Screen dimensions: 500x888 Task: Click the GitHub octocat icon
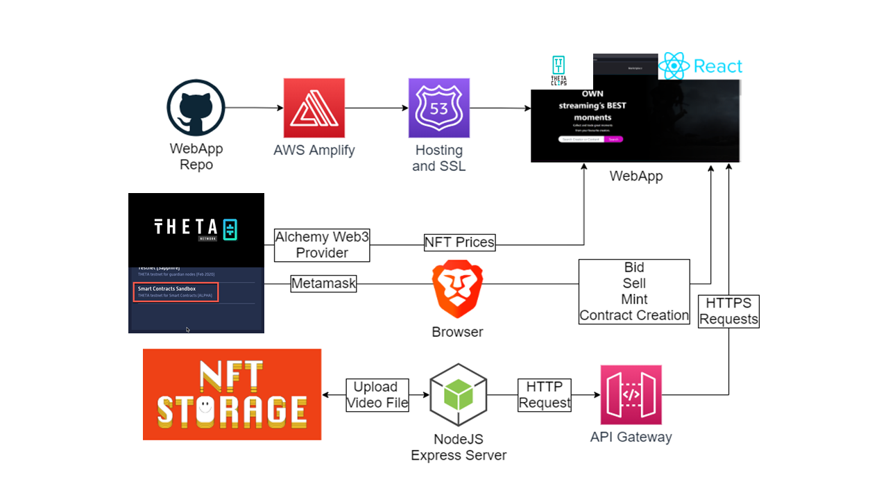point(196,108)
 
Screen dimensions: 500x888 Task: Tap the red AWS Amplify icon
point(314,108)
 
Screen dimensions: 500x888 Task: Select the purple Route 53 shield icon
point(438,108)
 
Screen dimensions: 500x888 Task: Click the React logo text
point(717,67)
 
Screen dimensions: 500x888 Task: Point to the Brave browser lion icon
point(457,289)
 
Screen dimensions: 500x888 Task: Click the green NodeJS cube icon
point(458,394)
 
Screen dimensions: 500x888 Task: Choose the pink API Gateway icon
point(631,394)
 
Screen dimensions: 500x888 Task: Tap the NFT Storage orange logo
point(232,394)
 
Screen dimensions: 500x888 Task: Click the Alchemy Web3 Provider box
point(322,245)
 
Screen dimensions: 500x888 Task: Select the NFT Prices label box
point(459,242)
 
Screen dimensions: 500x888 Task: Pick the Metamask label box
point(323,283)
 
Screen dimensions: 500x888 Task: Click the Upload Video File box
point(377,395)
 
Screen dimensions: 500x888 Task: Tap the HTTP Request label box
point(545,395)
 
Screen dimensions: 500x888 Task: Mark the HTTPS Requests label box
point(729,311)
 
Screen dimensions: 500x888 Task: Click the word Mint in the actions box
point(634,299)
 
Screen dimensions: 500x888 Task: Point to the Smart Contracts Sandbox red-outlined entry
point(177,292)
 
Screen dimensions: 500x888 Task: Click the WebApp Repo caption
point(196,157)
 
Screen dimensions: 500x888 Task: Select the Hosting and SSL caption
point(438,158)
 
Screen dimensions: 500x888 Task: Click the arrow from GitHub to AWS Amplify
point(254,108)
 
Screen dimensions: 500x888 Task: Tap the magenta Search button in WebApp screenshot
point(613,139)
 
